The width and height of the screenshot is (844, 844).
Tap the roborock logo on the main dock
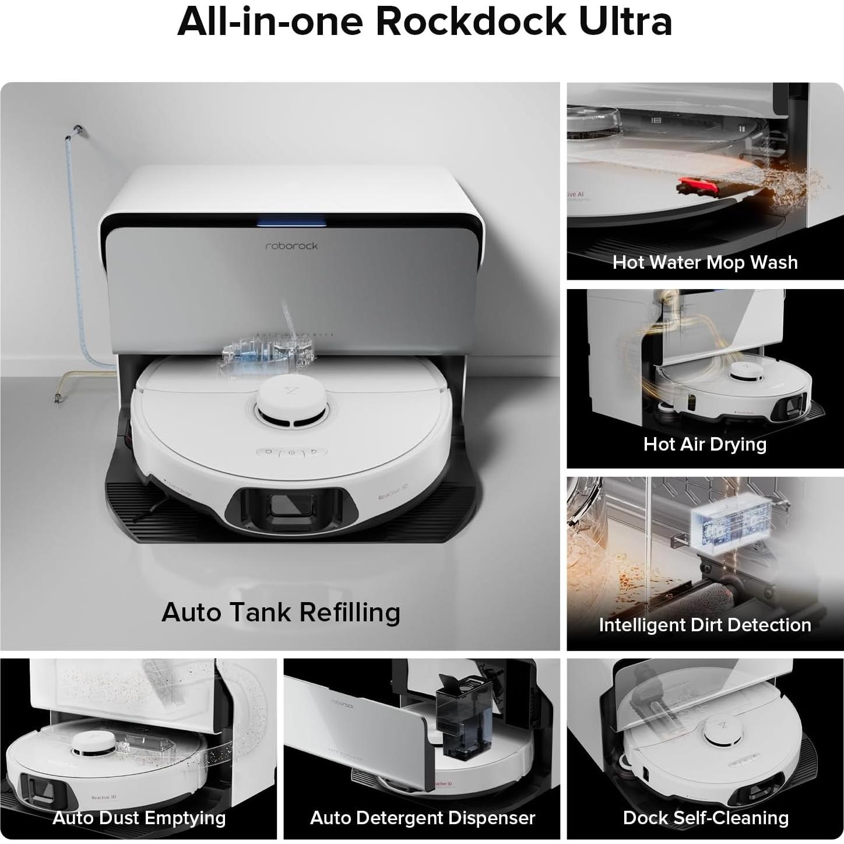coord(291,246)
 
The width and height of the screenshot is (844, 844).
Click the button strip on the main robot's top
coord(290,452)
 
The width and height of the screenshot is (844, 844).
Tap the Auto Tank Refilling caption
coord(280,613)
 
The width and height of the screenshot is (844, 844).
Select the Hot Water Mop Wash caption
coord(705,262)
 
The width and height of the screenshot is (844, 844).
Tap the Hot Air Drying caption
coord(705,444)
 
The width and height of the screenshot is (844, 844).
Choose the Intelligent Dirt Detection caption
coord(705,625)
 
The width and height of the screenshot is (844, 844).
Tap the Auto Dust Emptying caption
coord(139,818)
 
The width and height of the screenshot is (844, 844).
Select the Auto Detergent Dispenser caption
coord(422,818)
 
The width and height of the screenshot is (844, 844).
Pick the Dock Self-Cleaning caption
coord(705,818)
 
